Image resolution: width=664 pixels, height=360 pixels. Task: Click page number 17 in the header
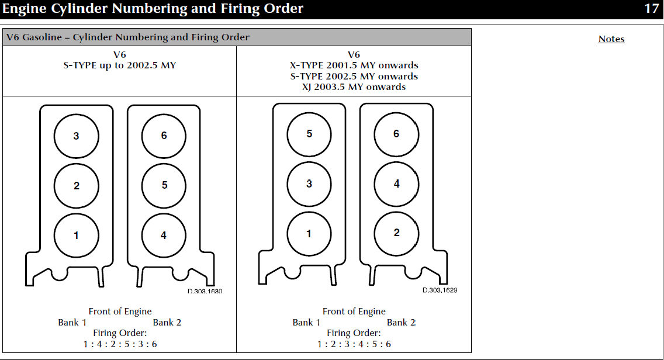click(651, 8)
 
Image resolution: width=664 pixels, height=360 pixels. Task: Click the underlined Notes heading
click(611, 39)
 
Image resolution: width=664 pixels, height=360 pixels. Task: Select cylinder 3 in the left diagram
click(76, 136)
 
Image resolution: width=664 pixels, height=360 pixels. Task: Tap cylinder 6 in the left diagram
click(164, 136)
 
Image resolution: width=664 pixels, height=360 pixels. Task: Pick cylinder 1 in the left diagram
click(76, 236)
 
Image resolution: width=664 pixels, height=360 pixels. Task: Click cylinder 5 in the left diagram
click(164, 185)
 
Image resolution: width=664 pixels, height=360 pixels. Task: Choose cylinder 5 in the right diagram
click(309, 134)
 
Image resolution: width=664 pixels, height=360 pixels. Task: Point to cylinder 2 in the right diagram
click(396, 233)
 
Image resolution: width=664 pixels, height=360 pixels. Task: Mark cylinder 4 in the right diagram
click(396, 184)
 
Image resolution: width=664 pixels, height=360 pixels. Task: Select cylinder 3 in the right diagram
click(309, 184)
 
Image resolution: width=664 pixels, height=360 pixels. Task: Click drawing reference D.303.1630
click(205, 291)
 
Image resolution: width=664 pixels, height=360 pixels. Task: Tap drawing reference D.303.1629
click(440, 290)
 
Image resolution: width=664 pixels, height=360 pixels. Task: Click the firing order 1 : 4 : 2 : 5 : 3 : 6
click(120, 344)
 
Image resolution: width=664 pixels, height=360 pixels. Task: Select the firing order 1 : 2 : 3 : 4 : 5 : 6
click(354, 344)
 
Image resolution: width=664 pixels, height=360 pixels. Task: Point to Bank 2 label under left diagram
click(167, 323)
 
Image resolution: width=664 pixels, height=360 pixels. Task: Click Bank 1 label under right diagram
click(306, 323)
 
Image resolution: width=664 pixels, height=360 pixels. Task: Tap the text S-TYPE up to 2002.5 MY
click(119, 65)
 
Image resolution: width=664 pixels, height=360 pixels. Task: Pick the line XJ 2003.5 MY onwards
click(354, 87)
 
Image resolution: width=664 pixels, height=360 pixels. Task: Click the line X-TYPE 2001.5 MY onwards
click(354, 65)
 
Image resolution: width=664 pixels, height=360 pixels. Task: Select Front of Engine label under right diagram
click(354, 311)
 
